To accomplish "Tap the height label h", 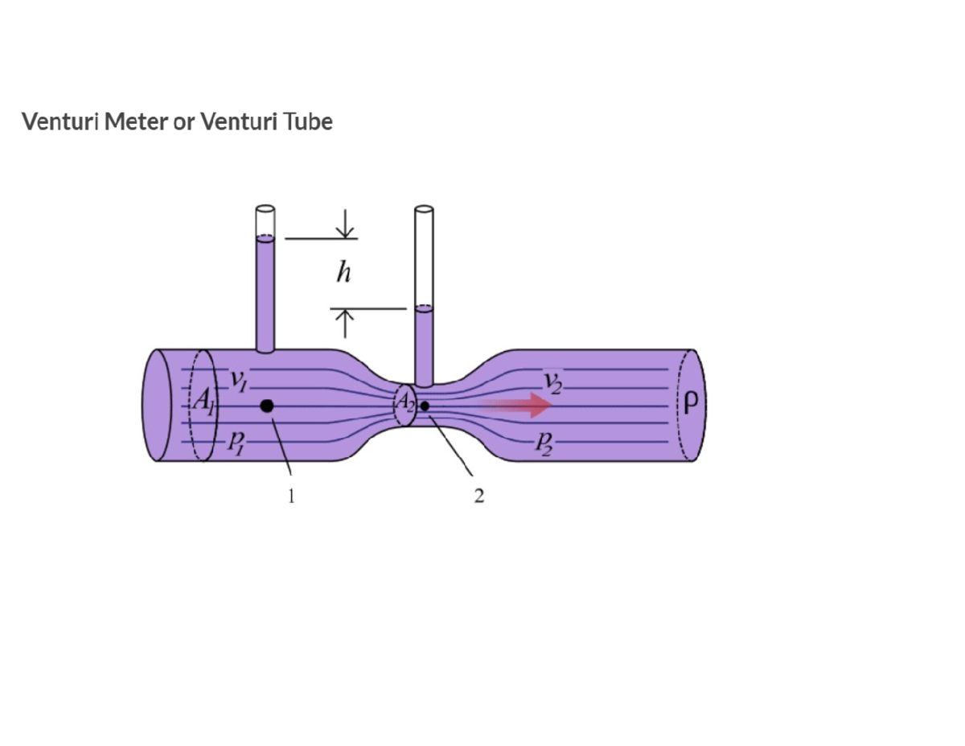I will pyautogui.click(x=344, y=274).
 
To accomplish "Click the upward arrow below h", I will pyautogui.click(x=345, y=323).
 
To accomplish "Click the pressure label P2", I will pyautogui.click(x=544, y=442).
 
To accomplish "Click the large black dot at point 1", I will pyautogui.click(x=267, y=406).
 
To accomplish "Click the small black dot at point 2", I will pyautogui.click(x=425, y=406).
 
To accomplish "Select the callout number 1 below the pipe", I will pyautogui.click(x=291, y=496).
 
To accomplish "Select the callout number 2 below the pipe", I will pyautogui.click(x=479, y=496).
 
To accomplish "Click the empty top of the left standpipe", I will pyautogui.click(x=265, y=221).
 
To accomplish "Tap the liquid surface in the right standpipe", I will pyautogui.click(x=424, y=308).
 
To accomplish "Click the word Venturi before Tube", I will pyautogui.click(x=237, y=122).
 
